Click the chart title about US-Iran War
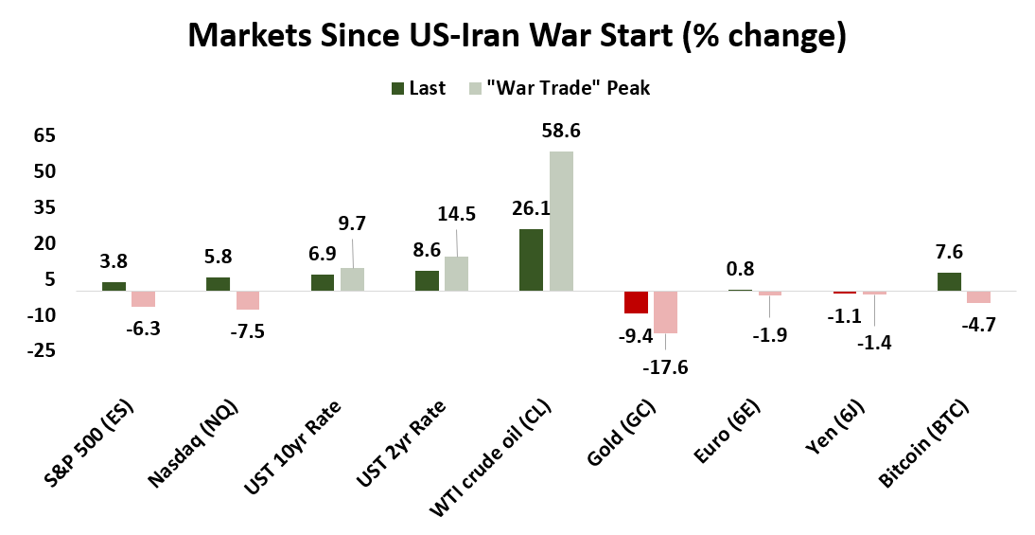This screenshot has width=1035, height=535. pyautogui.click(x=517, y=35)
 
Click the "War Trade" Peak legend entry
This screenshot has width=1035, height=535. pyautogui.click(x=558, y=88)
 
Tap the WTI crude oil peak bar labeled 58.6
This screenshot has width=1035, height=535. pyautogui.click(x=560, y=221)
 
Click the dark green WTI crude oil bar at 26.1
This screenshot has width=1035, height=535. pyautogui.click(x=531, y=259)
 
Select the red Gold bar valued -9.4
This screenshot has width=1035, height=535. pyautogui.click(x=636, y=302)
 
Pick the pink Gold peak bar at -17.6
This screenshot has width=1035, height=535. pyautogui.click(x=665, y=312)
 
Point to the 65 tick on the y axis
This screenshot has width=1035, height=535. pyautogui.click(x=44, y=136)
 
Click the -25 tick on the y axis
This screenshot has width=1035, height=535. pyautogui.click(x=42, y=351)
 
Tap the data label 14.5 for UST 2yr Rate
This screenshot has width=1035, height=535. pyautogui.click(x=456, y=214)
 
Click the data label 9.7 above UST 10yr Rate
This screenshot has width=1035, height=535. pyautogui.click(x=352, y=223)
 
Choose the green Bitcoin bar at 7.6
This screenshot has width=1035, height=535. pyautogui.click(x=949, y=281)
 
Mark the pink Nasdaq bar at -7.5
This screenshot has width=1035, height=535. pyautogui.click(x=247, y=300)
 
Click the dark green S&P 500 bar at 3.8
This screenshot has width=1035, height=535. pyautogui.click(x=114, y=286)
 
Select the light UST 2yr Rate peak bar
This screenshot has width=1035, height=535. pyautogui.click(x=456, y=274)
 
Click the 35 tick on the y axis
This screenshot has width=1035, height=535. pyautogui.click(x=44, y=208)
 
